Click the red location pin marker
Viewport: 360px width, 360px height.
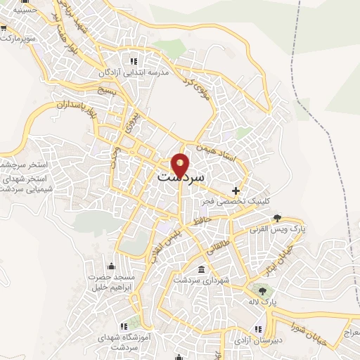click(181, 165)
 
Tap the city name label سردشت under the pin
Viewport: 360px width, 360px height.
click(181, 178)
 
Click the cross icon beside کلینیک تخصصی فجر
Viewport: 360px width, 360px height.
click(236, 191)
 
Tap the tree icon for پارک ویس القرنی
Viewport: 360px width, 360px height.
click(277, 217)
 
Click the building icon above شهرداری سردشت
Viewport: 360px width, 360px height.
click(202, 270)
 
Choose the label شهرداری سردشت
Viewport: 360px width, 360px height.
click(202, 281)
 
